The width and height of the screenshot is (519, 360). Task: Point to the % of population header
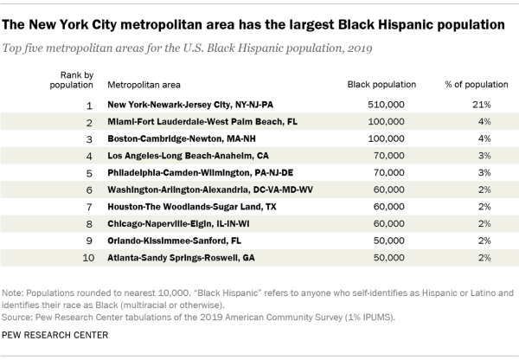pos(477,86)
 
